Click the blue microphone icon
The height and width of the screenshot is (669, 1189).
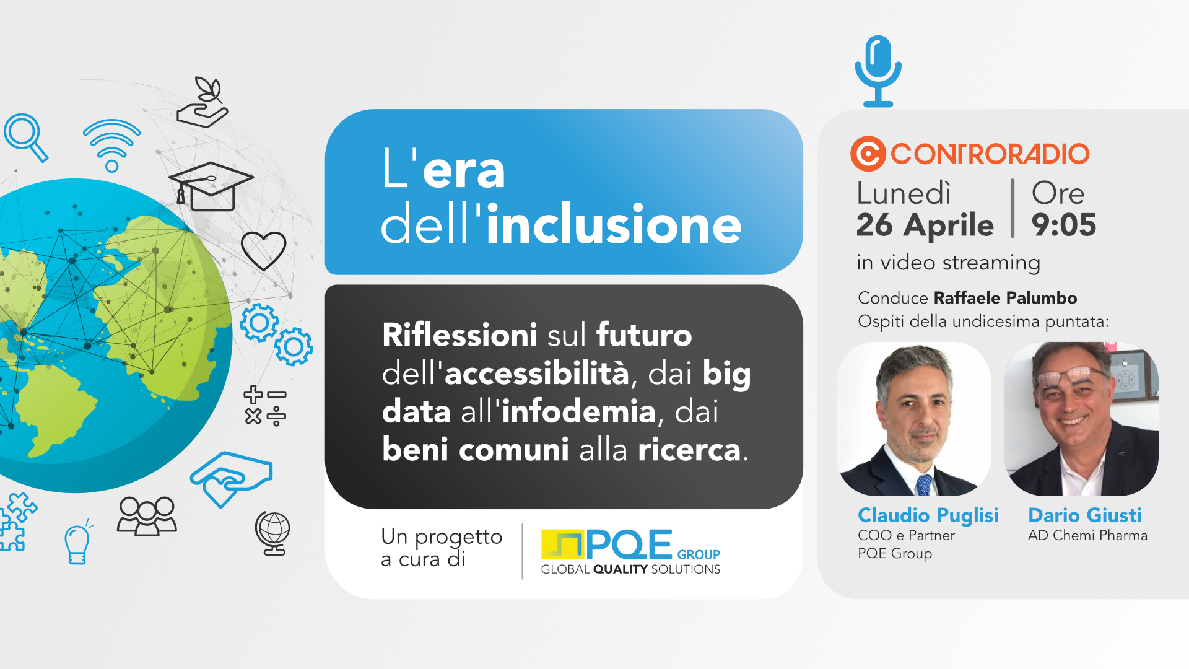pos(878,71)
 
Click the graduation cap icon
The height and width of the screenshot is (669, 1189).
pos(211,186)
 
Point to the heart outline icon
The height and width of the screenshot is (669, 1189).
pos(264,250)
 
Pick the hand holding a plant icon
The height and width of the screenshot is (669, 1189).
pos(203,103)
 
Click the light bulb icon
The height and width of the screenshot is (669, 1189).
pos(77,543)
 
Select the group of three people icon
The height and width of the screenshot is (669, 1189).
pos(147,516)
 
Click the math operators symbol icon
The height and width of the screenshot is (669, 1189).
pos(265,406)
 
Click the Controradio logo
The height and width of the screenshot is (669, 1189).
pos(970,154)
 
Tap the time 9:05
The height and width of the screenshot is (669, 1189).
pos(1063,224)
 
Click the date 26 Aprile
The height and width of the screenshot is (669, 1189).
pos(925,225)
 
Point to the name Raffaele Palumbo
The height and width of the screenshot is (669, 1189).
pos(1005,298)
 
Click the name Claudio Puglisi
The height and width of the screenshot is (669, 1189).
pos(928,515)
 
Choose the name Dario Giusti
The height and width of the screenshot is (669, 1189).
pos(1085,515)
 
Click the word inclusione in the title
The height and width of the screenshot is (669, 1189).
pos(614,224)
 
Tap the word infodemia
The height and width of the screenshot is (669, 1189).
pos(578,411)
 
